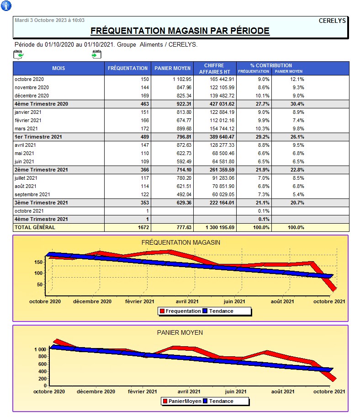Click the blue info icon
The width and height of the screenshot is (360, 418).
coord(6,6)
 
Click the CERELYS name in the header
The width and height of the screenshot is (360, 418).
coord(332,21)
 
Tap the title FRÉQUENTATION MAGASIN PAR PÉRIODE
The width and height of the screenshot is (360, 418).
coord(180,31)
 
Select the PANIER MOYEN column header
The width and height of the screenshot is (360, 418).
coord(172,68)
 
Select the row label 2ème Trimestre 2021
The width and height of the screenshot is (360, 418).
coord(41,170)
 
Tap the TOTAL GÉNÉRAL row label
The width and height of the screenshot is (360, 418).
coord(35,227)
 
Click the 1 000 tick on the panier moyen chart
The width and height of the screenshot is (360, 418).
coord(40,349)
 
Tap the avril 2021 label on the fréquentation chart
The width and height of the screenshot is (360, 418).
coord(187,301)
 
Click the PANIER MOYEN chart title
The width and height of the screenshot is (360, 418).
coord(180,332)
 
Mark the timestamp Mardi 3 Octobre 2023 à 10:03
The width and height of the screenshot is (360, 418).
coord(49,21)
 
